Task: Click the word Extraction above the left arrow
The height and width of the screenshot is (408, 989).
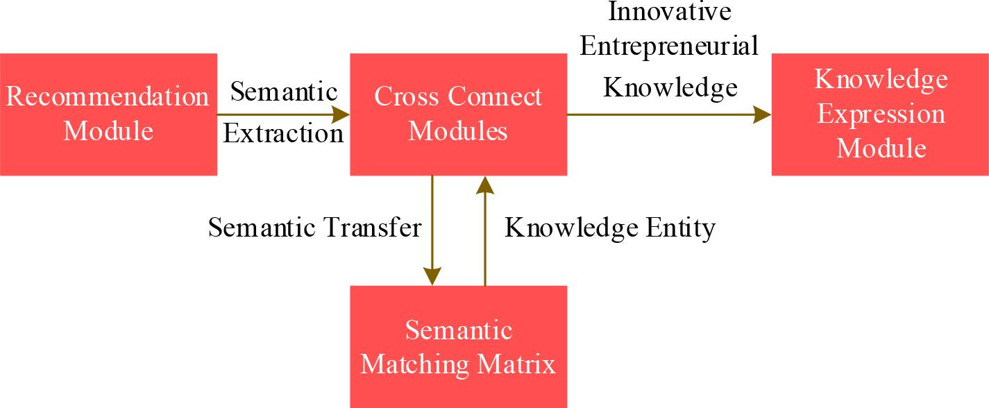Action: coord(283,133)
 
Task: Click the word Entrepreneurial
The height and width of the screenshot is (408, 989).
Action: coord(669,46)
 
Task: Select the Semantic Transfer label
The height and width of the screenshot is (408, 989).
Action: coord(314,228)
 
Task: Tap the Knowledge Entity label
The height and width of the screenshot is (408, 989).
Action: coord(609,228)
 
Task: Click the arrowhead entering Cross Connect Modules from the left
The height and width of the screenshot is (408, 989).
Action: coord(341,114)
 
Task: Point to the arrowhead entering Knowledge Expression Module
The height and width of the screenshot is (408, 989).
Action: coord(763,114)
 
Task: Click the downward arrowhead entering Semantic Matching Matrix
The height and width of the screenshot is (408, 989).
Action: coord(432,276)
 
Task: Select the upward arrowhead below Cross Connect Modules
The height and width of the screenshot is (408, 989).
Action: coord(485,185)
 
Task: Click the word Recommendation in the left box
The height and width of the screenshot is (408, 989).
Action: coord(108,96)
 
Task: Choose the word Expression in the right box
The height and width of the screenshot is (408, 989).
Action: coord(881,114)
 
